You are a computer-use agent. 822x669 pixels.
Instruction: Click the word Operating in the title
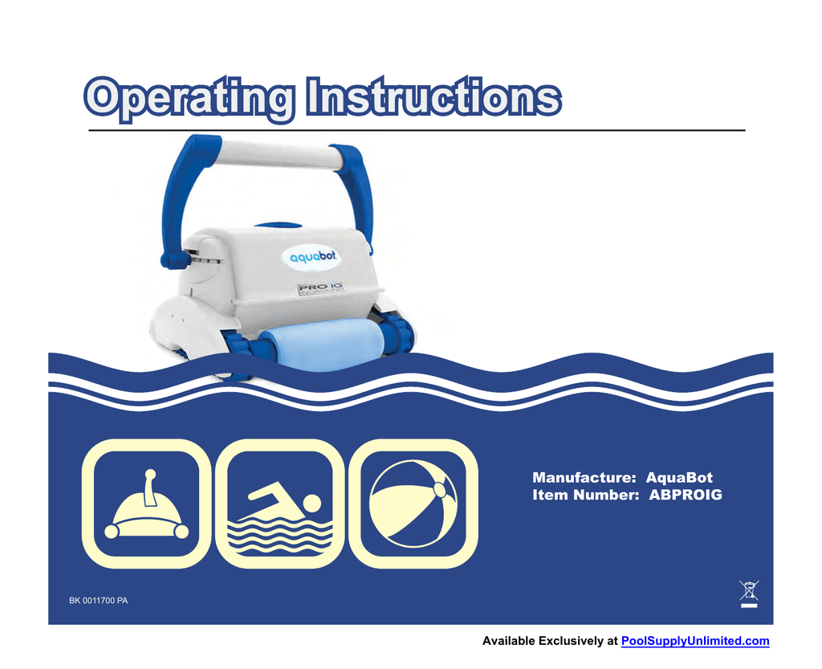(x=189, y=99)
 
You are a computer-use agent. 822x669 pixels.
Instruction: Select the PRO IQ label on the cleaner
(x=321, y=288)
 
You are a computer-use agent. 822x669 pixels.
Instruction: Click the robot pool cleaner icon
(x=147, y=504)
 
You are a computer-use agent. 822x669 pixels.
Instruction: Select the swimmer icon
(x=280, y=504)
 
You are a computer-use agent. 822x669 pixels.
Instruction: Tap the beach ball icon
(x=413, y=504)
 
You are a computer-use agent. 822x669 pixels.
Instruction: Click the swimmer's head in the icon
(x=312, y=503)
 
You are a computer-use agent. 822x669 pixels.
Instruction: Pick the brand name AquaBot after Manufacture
(x=679, y=478)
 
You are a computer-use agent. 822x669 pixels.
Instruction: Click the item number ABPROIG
(x=686, y=495)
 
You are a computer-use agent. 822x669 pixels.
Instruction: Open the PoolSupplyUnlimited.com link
(x=695, y=641)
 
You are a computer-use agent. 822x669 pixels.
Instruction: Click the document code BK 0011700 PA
(x=99, y=601)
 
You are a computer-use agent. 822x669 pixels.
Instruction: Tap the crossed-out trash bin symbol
(x=749, y=594)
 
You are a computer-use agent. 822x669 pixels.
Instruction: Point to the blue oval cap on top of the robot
(x=279, y=226)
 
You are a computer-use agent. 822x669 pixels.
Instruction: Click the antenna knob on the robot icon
(x=150, y=473)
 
